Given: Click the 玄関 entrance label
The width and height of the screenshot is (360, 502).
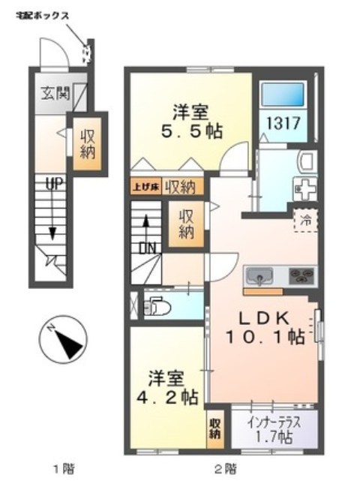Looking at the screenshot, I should (x=55, y=95).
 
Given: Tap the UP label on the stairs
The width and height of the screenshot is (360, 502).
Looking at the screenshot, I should (x=53, y=182).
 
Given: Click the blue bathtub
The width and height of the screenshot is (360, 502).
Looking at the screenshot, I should (x=282, y=95).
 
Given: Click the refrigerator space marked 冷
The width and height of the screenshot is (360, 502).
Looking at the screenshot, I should (x=305, y=220).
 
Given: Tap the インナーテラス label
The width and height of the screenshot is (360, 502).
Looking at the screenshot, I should (x=273, y=422).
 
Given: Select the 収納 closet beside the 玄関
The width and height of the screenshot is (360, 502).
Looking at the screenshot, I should (x=88, y=142).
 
